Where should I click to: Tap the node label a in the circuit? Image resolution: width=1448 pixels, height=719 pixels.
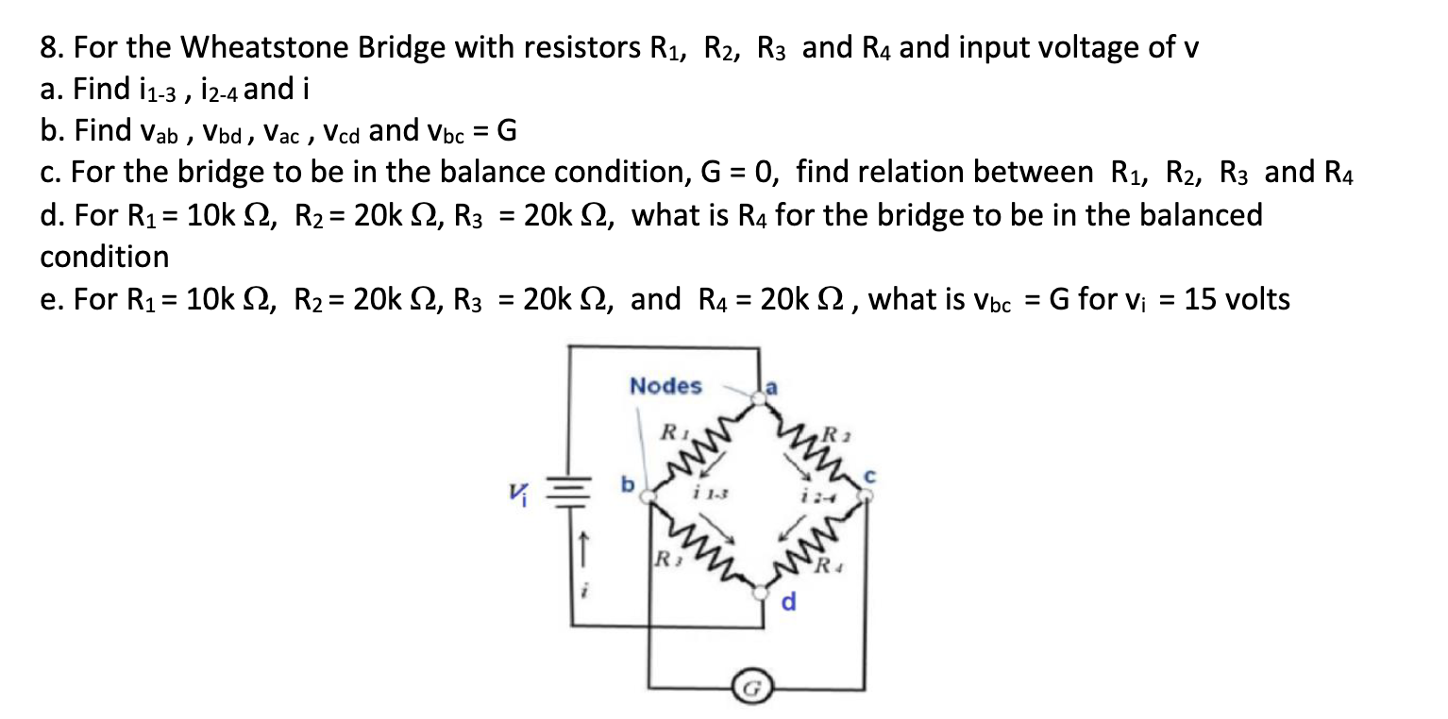[x=771, y=386]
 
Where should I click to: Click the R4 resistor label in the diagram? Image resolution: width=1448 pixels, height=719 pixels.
[x=830, y=567]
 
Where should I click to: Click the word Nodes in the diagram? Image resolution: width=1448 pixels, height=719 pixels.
[x=665, y=386]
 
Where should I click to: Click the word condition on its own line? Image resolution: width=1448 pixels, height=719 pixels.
[x=105, y=257]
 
